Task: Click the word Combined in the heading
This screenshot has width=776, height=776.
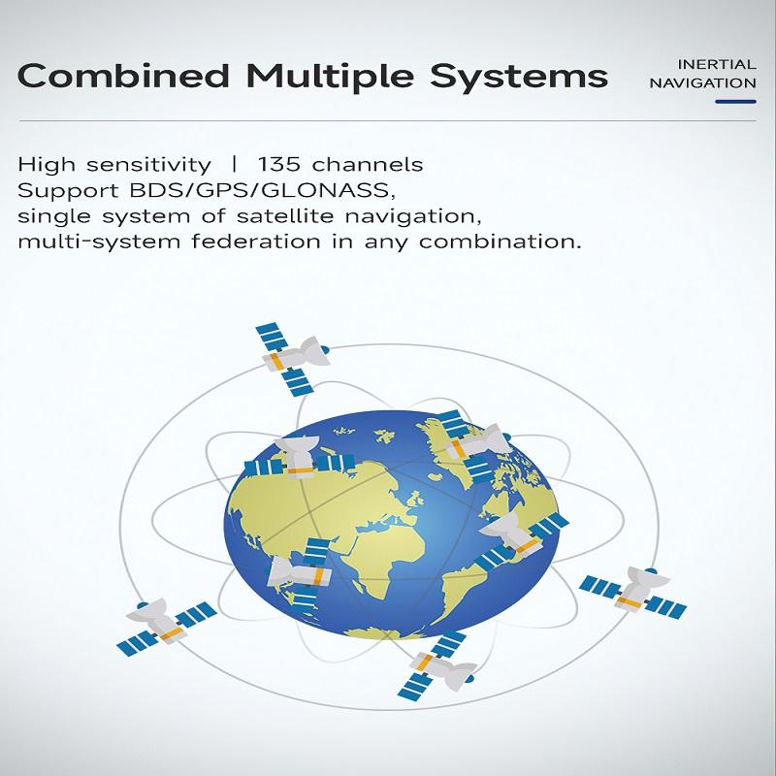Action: coord(124,76)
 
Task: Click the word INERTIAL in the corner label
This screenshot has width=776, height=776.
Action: coord(717,64)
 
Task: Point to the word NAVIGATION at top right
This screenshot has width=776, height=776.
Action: coord(702,83)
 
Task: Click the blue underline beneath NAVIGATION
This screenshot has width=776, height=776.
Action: coord(735,102)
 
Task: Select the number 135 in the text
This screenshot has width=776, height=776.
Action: coord(278,164)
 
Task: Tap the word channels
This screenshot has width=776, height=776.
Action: coord(368,164)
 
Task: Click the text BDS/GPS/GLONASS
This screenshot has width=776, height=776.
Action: coord(261,190)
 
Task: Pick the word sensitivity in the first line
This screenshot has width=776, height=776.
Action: coord(148,165)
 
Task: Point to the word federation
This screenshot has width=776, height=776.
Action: coord(256,242)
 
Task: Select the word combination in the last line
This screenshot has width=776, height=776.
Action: coord(500,242)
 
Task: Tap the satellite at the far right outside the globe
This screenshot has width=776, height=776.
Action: coord(632,593)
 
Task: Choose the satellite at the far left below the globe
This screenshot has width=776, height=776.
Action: coord(165,625)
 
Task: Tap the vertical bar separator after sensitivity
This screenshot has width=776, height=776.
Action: coord(234,164)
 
